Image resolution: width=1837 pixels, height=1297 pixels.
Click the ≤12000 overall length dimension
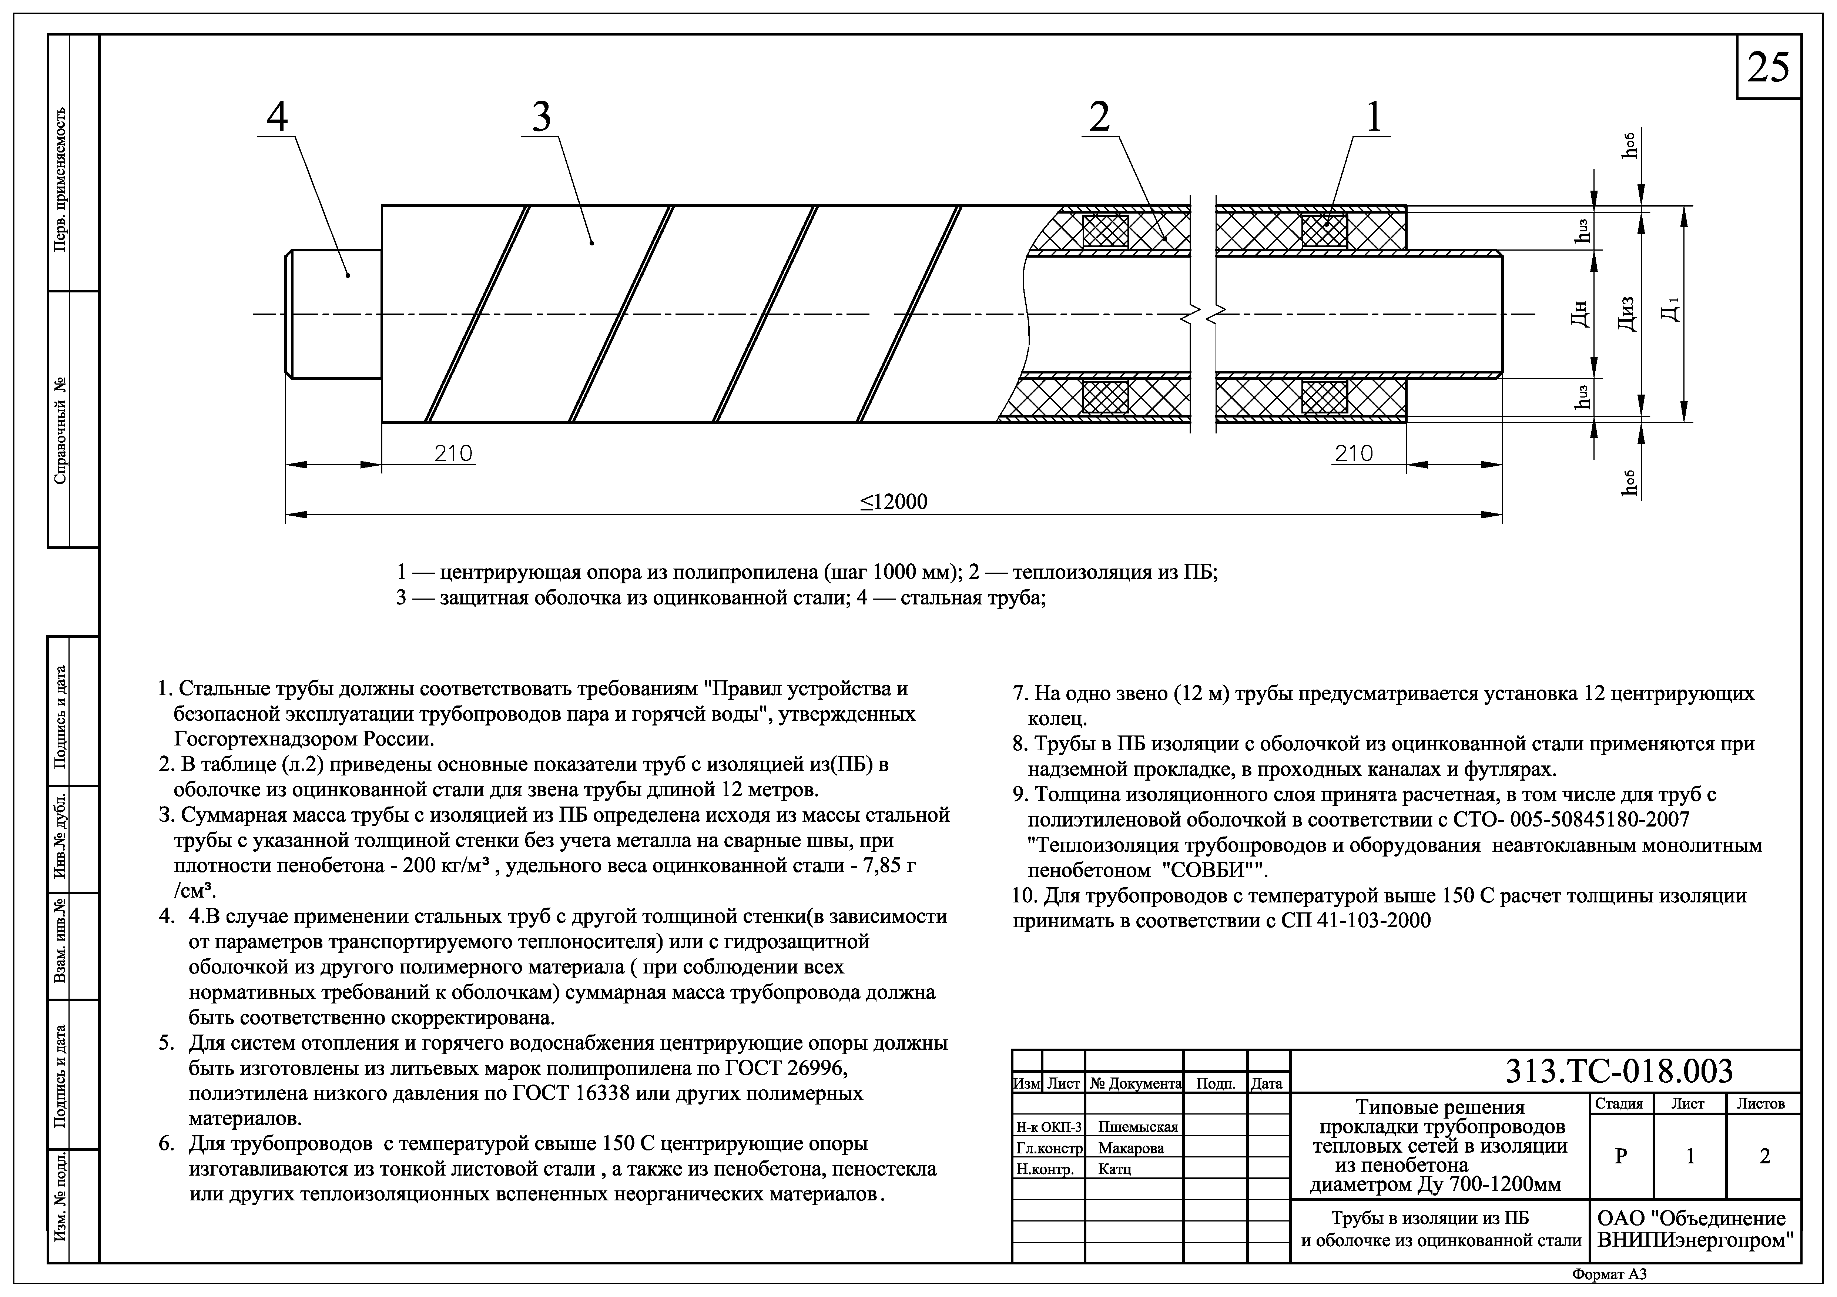pos(894,502)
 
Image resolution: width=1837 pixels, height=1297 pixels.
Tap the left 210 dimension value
pos(454,454)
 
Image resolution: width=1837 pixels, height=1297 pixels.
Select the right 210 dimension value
pos(1354,454)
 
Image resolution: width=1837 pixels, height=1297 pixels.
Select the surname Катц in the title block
pos(1114,1169)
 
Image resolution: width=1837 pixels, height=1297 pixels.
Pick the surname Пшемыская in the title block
pos(1138,1127)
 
